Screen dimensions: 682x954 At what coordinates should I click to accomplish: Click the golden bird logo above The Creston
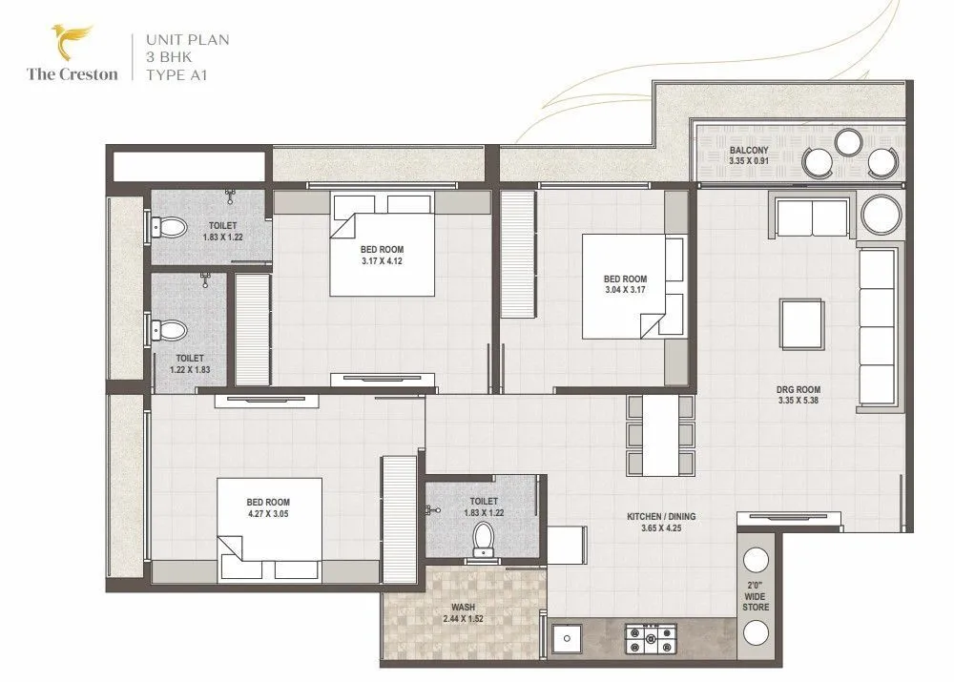(73, 44)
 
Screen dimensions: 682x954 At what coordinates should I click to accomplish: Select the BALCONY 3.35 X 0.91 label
(751, 156)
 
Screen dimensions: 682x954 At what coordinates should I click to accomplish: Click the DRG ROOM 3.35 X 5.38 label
(798, 395)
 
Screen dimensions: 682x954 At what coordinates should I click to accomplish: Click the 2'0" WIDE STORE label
(756, 594)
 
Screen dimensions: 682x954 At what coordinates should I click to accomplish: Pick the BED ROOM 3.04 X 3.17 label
(626, 284)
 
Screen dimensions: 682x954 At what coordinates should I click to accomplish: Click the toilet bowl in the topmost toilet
(170, 228)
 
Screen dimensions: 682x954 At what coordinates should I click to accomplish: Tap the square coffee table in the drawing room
(802, 323)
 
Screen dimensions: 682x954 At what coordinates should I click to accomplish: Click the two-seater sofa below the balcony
(811, 217)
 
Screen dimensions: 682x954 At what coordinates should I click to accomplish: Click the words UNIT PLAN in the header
(187, 40)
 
